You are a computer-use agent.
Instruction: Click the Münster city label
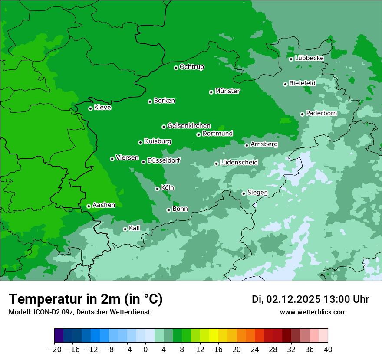point(227,91)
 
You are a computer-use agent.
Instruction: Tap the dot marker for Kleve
point(90,108)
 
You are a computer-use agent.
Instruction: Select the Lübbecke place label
point(309,58)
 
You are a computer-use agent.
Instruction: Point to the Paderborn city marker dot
point(302,114)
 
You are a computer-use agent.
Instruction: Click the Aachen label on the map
point(104,205)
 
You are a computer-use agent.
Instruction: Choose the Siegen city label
point(257,193)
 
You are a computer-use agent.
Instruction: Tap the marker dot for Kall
point(125,229)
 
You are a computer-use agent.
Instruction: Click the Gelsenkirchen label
point(189,126)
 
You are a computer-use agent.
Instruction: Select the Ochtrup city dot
point(176,68)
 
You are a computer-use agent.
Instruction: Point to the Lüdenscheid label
point(239,163)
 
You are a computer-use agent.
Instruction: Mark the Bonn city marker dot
point(168,210)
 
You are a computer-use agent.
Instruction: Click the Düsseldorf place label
point(164,160)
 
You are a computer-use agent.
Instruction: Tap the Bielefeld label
point(302,83)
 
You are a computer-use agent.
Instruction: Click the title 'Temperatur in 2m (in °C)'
point(86,299)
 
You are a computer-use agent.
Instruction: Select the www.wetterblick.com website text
point(313,312)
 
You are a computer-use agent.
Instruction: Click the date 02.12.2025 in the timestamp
point(293,299)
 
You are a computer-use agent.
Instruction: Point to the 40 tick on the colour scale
point(328,350)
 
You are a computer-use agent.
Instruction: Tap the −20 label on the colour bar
point(54,350)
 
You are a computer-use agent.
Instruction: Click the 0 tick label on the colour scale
point(145,350)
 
